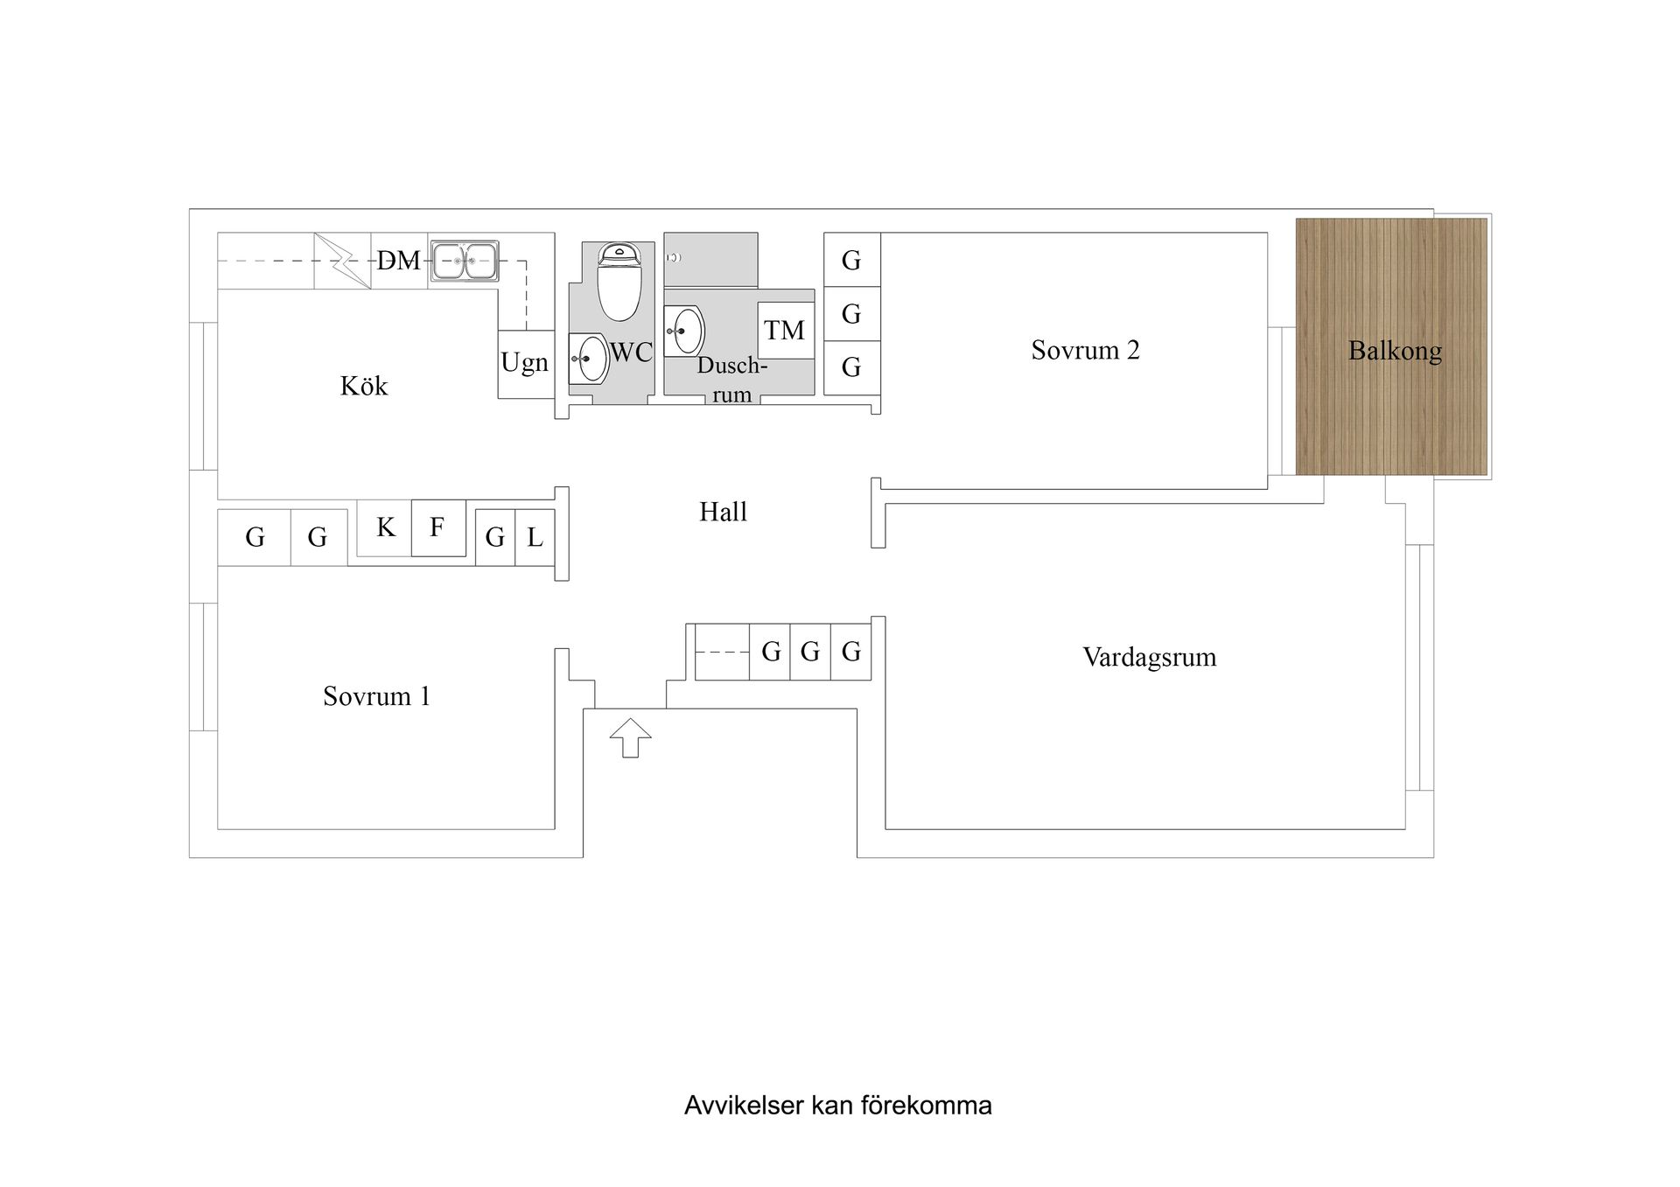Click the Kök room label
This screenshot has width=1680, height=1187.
[363, 386]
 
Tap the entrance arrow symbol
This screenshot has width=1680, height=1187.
[630, 738]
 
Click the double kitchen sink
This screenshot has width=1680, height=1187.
[464, 261]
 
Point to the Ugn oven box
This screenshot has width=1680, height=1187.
[525, 363]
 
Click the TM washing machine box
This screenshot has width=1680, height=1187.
[785, 331]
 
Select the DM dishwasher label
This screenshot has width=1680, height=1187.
[398, 261]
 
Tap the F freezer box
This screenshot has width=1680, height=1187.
[437, 527]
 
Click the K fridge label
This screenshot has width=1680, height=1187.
[385, 527]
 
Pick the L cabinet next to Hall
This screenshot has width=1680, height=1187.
[535, 537]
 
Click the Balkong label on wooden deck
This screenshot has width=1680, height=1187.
[1395, 351]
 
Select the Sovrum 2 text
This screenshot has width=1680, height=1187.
[1085, 350]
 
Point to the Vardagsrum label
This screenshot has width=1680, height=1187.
[1149, 657]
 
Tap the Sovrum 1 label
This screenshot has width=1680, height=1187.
[376, 696]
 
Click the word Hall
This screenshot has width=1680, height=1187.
[723, 512]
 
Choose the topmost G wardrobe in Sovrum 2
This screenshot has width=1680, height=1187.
[851, 260]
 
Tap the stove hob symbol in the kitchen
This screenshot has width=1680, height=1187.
[342, 260]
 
